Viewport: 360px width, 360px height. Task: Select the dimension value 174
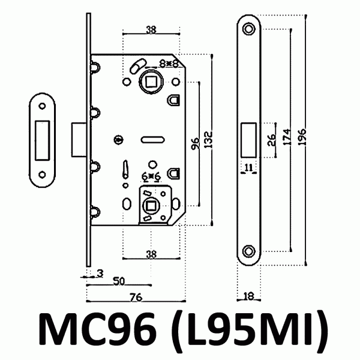[x=288, y=139]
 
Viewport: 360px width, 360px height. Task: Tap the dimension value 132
[x=208, y=143]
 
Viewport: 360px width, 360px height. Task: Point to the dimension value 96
[x=194, y=144]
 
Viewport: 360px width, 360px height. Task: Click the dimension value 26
[x=271, y=140]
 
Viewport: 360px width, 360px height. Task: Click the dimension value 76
[x=136, y=296]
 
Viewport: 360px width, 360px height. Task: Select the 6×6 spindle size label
[x=151, y=177]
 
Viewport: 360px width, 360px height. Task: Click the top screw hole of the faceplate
[x=248, y=28]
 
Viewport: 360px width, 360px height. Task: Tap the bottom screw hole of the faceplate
[x=248, y=251]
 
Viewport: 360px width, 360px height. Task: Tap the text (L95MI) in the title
[x=245, y=331]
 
